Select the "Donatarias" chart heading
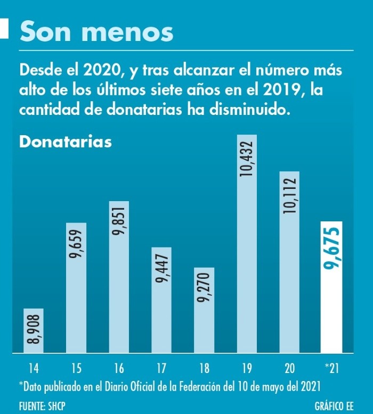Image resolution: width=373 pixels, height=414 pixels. tap(65, 143)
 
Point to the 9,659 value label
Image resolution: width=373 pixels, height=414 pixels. tap(76, 244)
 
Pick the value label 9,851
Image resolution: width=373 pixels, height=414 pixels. tap(119, 223)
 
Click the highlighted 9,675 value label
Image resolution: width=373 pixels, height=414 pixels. tap(332, 248)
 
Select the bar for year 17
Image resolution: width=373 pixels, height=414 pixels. tap(161, 319)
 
